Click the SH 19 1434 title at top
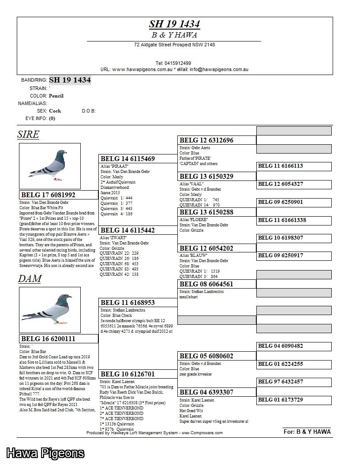pos(174,24)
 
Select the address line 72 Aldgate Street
pos(174,45)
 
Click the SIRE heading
pos(28,135)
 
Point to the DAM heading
pos(30,279)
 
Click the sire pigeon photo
pos(50,166)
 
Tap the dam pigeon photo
pos(50,310)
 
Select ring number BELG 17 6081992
pos(48,195)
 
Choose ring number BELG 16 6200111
pos(48,339)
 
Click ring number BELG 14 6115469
pos(127,159)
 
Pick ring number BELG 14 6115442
pos(127,230)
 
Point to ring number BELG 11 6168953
pos(127,303)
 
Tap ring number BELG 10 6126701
pos(127,374)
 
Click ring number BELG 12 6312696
pos(206,140)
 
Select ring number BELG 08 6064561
pos(206,284)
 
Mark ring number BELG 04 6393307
pos(206,392)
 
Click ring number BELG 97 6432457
pos(281,382)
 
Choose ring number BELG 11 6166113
pos(281,166)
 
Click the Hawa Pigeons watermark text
pos(45,453)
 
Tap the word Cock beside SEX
pos(55,111)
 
